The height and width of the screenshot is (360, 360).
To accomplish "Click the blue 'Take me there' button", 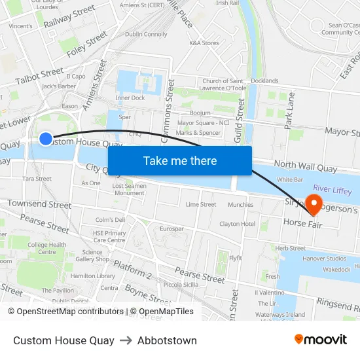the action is [x=180, y=160].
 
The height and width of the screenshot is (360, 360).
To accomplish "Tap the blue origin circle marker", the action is [x=46, y=138].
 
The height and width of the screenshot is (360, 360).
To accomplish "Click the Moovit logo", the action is [x=321, y=340].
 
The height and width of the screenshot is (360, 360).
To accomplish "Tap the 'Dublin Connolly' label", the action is [x=146, y=34].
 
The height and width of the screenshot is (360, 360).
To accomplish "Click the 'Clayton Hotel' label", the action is [x=237, y=224].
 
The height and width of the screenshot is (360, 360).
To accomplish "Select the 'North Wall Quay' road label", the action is [x=306, y=168].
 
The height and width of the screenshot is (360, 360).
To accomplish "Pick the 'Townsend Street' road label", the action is [x=39, y=205].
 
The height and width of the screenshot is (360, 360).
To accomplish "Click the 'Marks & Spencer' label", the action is [x=198, y=133].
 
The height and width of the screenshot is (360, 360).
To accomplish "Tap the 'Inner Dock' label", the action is [x=130, y=98].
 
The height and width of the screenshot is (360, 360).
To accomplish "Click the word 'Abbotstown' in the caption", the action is [x=167, y=340].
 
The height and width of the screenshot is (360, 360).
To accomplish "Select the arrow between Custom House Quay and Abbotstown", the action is [x=126, y=340].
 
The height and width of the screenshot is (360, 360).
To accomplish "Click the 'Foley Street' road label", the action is [x=87, y=45].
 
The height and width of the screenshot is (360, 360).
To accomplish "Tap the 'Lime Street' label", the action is [x=201, y=204].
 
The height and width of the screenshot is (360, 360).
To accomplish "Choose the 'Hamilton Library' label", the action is [x=93, y=276].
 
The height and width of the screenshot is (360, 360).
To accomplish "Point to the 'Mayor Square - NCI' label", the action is [x=204, y=122].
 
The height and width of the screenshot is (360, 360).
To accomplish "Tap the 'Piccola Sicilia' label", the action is [x=181, y=285].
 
